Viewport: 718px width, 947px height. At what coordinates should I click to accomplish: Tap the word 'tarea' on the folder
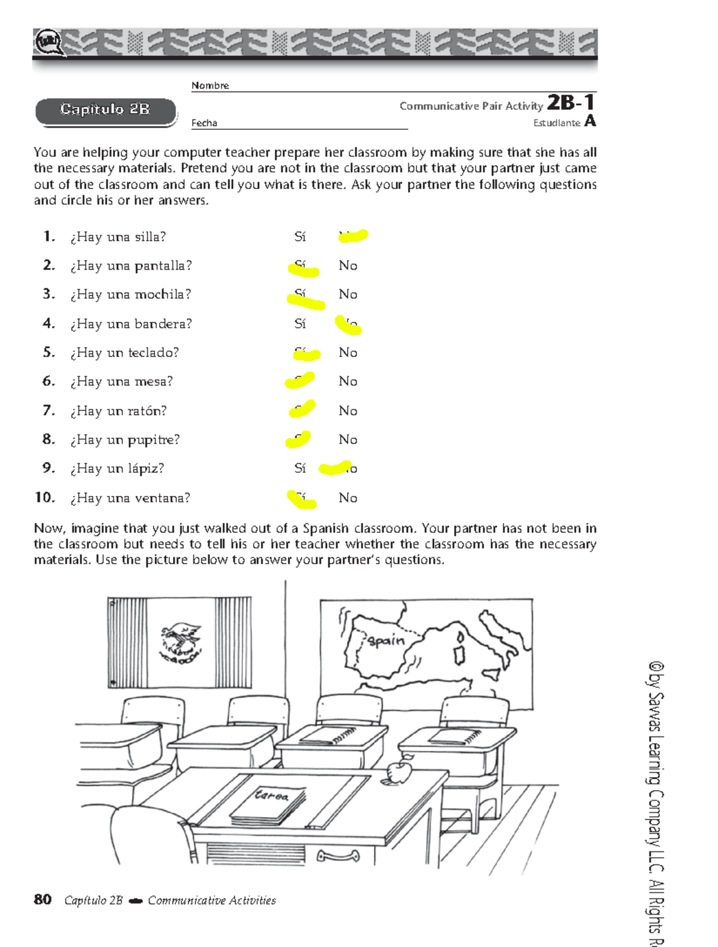click(272, 796)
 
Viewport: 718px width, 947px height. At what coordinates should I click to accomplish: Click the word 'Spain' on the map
click(386, 641)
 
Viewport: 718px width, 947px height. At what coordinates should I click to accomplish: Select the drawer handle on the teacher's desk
click(338, 856)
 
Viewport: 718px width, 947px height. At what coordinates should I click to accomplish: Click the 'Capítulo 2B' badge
click(105, 110)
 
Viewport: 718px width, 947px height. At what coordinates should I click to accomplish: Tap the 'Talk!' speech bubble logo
click(48, 43)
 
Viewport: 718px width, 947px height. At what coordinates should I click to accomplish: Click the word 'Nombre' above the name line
click(210, 86)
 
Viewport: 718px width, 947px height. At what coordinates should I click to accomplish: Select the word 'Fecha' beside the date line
click(204, 123)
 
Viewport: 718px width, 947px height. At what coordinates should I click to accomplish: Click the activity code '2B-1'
click(571, 103)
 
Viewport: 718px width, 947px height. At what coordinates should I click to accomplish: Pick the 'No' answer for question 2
click(348, 266)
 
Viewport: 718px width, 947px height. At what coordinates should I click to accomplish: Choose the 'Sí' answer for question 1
click(300, 237)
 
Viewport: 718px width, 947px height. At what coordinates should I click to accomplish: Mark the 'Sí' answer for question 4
click(300, 324)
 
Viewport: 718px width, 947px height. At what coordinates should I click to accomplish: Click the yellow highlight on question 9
click(335, 467)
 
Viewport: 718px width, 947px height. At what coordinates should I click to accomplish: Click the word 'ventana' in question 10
click(162, 498)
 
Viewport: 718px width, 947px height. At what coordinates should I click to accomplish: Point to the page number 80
click(42, 900)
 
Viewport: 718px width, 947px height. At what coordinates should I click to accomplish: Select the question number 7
click(48, 410)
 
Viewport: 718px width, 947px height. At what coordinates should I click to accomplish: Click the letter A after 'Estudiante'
click(590, 121)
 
